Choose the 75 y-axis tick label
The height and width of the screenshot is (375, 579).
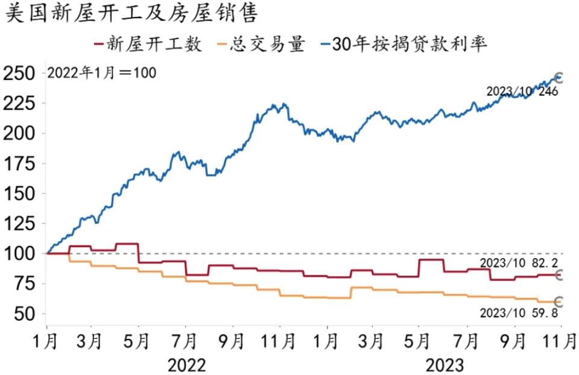click(x=25, y=284)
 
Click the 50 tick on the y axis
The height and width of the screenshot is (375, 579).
click(x=25, y=314)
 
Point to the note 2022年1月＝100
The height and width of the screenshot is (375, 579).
click(x=101, y=73)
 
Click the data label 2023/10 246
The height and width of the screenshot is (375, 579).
click(x=522, y=92)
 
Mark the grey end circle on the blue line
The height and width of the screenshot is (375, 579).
click(x=558, y=78)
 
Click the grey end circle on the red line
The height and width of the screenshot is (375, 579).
click(x=558, y=275)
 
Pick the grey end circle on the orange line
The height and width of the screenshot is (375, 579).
click(x=558, y=301)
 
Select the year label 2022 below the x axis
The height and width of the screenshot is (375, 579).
click(x=187, y=365)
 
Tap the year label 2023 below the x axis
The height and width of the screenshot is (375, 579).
click(x=445, y=365)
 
